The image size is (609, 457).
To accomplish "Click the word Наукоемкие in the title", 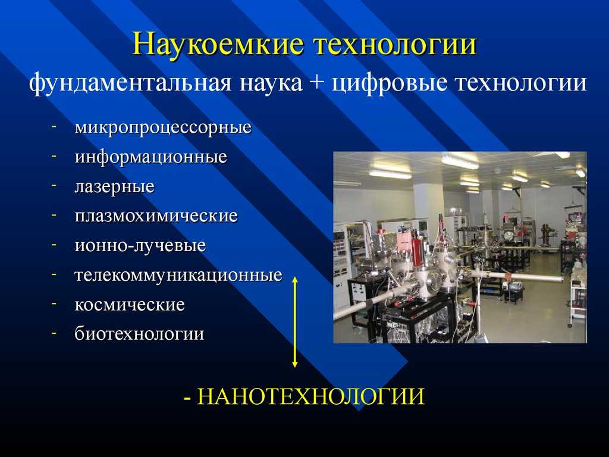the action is (217, 44).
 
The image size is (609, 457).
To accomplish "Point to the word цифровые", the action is (389, 83).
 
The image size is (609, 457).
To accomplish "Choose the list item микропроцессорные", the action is (163, 128).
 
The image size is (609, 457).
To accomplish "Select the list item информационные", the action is (150, 157).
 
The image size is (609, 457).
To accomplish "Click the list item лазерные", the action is (115, 186).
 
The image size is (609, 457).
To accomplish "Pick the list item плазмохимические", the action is (156, 215).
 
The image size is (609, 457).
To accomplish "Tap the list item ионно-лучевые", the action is (140, 246).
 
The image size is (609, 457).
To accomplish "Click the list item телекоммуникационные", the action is (178, 275).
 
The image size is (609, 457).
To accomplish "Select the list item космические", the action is (130, 304).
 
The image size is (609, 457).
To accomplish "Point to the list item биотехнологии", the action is (139, 334).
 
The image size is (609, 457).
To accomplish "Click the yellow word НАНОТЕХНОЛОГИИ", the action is (310, 396).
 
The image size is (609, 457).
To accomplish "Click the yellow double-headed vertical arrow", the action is (295, 322).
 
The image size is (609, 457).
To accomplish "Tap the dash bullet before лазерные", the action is (54, 185).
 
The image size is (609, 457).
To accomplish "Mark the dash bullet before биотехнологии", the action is (54, 332).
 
